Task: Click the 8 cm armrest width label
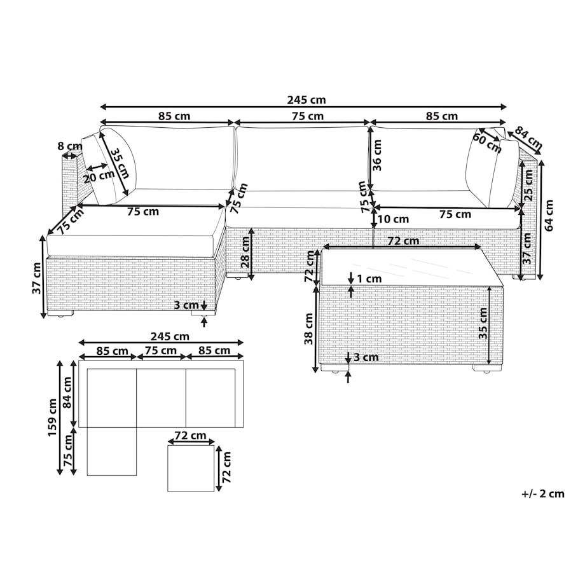click(x=70, y=146)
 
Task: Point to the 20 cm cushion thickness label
click(x=99, y=176)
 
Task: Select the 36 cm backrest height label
click(x=377, y=155)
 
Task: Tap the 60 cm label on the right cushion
click(x=487, y=142)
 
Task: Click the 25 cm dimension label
click(x=528, y=185)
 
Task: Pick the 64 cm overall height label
click(x=549, y=216)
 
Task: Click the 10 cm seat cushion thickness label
click(x=393, y=219)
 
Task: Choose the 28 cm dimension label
click(x=245, y=252)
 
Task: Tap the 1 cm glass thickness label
click(x=369, y=279)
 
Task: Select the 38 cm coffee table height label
click(x=309, y=329)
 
